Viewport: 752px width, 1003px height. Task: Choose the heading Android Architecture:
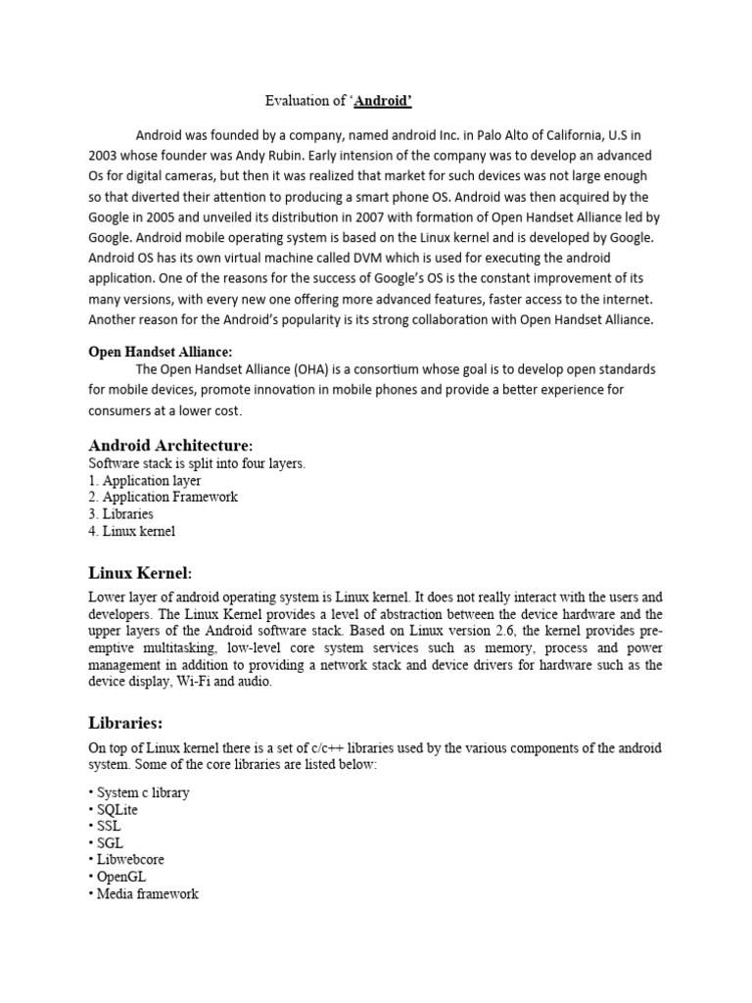tap(177, 446)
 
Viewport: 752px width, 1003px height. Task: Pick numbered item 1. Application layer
tap(145, 481)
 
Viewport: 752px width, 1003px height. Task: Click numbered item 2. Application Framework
tap(163, 497)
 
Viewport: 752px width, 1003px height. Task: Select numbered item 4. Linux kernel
tap(132, 531)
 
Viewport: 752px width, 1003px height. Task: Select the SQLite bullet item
tap(117, 809)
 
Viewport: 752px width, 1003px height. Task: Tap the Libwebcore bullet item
tap(131, 859)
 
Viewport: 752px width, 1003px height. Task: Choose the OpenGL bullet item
tap(121, 877)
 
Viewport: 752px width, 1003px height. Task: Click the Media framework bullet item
tap(147, 893)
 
